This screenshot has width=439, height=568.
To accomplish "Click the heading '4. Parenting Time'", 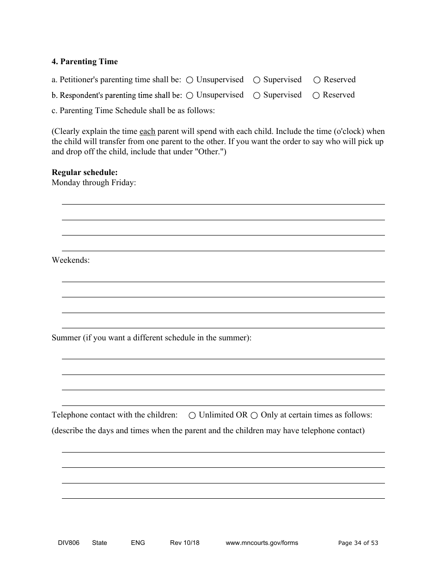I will click(x=85, y=62).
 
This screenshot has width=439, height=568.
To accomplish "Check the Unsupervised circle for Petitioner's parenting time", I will click(x=189, y=80).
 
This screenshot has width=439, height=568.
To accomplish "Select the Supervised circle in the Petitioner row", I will click(x=256, y=80).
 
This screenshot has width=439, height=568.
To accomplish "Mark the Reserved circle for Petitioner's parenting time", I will click(x=317, y=80).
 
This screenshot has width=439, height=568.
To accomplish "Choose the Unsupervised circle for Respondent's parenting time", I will click(x=189, y=96).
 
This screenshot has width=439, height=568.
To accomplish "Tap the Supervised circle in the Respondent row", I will click(x=256, y=96).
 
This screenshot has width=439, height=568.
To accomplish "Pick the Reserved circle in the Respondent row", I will click(x=316, y=96).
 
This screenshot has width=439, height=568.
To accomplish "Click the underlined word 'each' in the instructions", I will click(x=147, y=132).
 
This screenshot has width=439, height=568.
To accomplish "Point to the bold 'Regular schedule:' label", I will click(x=85, y=173).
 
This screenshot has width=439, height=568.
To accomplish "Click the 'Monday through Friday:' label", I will click(x=94, y=183).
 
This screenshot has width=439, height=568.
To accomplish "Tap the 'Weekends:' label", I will click(x=71, y=260).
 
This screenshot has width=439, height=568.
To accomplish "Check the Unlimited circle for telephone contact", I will click(x=192, y=416).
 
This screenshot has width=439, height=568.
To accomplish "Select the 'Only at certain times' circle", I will click(x=254, y=416).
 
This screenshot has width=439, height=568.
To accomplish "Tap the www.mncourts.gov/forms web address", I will click(x=262, y=543).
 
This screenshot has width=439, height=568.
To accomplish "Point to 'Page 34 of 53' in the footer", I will click(x=358, y=543).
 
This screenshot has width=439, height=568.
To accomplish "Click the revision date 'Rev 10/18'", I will click(x=185, y=543).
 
